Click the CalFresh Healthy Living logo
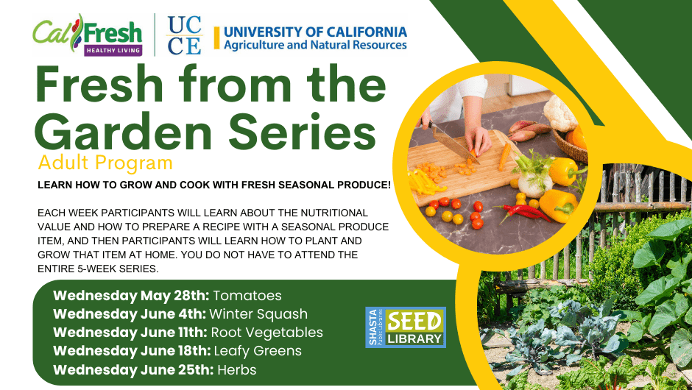(88, 35)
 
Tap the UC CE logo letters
(185, 35)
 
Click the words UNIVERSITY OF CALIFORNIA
(315, 32)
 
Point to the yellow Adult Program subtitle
(105, 163)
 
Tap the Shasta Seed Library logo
(406, 327)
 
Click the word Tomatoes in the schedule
(247, 296)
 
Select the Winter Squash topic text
(258, 314)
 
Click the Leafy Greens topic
(258, 351)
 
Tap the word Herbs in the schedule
(236, 369)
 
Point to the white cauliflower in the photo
(560, 113)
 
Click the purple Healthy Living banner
(113, 50)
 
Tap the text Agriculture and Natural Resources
(315, 45)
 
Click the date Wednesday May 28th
(131, 296)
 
